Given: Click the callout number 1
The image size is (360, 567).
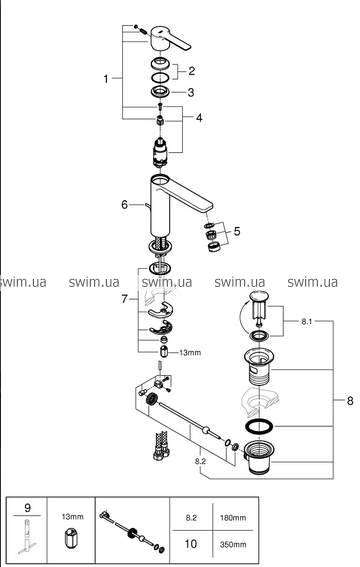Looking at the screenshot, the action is click(106, 78).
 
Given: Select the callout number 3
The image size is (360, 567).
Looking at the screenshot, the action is click(191, 93).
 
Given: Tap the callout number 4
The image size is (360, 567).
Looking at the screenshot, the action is click(199, 118).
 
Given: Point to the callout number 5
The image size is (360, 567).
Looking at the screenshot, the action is click(237, 231).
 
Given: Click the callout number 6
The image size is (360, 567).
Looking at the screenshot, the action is click(125, 205).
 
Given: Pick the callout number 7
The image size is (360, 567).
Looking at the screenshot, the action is click(124, 299).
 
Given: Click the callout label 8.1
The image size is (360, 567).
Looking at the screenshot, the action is click(307, 321).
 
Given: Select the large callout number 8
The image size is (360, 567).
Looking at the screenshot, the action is click(350, 401).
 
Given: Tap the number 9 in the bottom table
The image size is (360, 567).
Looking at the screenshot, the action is click(27, 508).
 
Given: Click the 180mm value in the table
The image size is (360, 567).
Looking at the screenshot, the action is click(233, 518).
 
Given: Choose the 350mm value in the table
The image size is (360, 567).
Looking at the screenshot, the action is click(233, 544).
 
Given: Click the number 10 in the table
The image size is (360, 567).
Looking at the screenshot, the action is click(191, 544).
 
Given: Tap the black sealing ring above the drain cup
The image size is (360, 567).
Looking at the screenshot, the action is click(259, 426).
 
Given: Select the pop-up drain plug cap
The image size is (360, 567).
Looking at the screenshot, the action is click(258, 295).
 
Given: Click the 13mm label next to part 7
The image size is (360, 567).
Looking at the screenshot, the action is click(190, 353).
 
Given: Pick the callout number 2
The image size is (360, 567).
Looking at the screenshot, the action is click(192, 71).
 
